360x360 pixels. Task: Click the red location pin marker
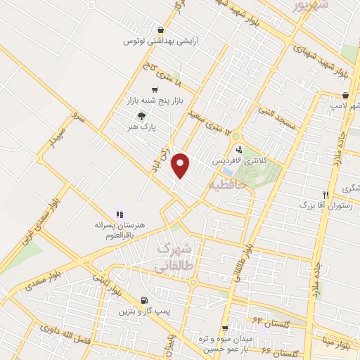point(182,166)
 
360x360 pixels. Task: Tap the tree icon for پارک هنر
point(142,116)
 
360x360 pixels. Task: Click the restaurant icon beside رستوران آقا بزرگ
point(326,195)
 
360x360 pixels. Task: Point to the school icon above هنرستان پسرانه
point(119,213)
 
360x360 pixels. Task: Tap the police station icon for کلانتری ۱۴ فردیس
point(239,150)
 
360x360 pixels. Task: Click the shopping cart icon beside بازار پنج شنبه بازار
point(154,90)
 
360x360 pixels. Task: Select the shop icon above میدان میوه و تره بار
point(225,328)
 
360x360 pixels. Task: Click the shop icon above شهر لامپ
point(345,95)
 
